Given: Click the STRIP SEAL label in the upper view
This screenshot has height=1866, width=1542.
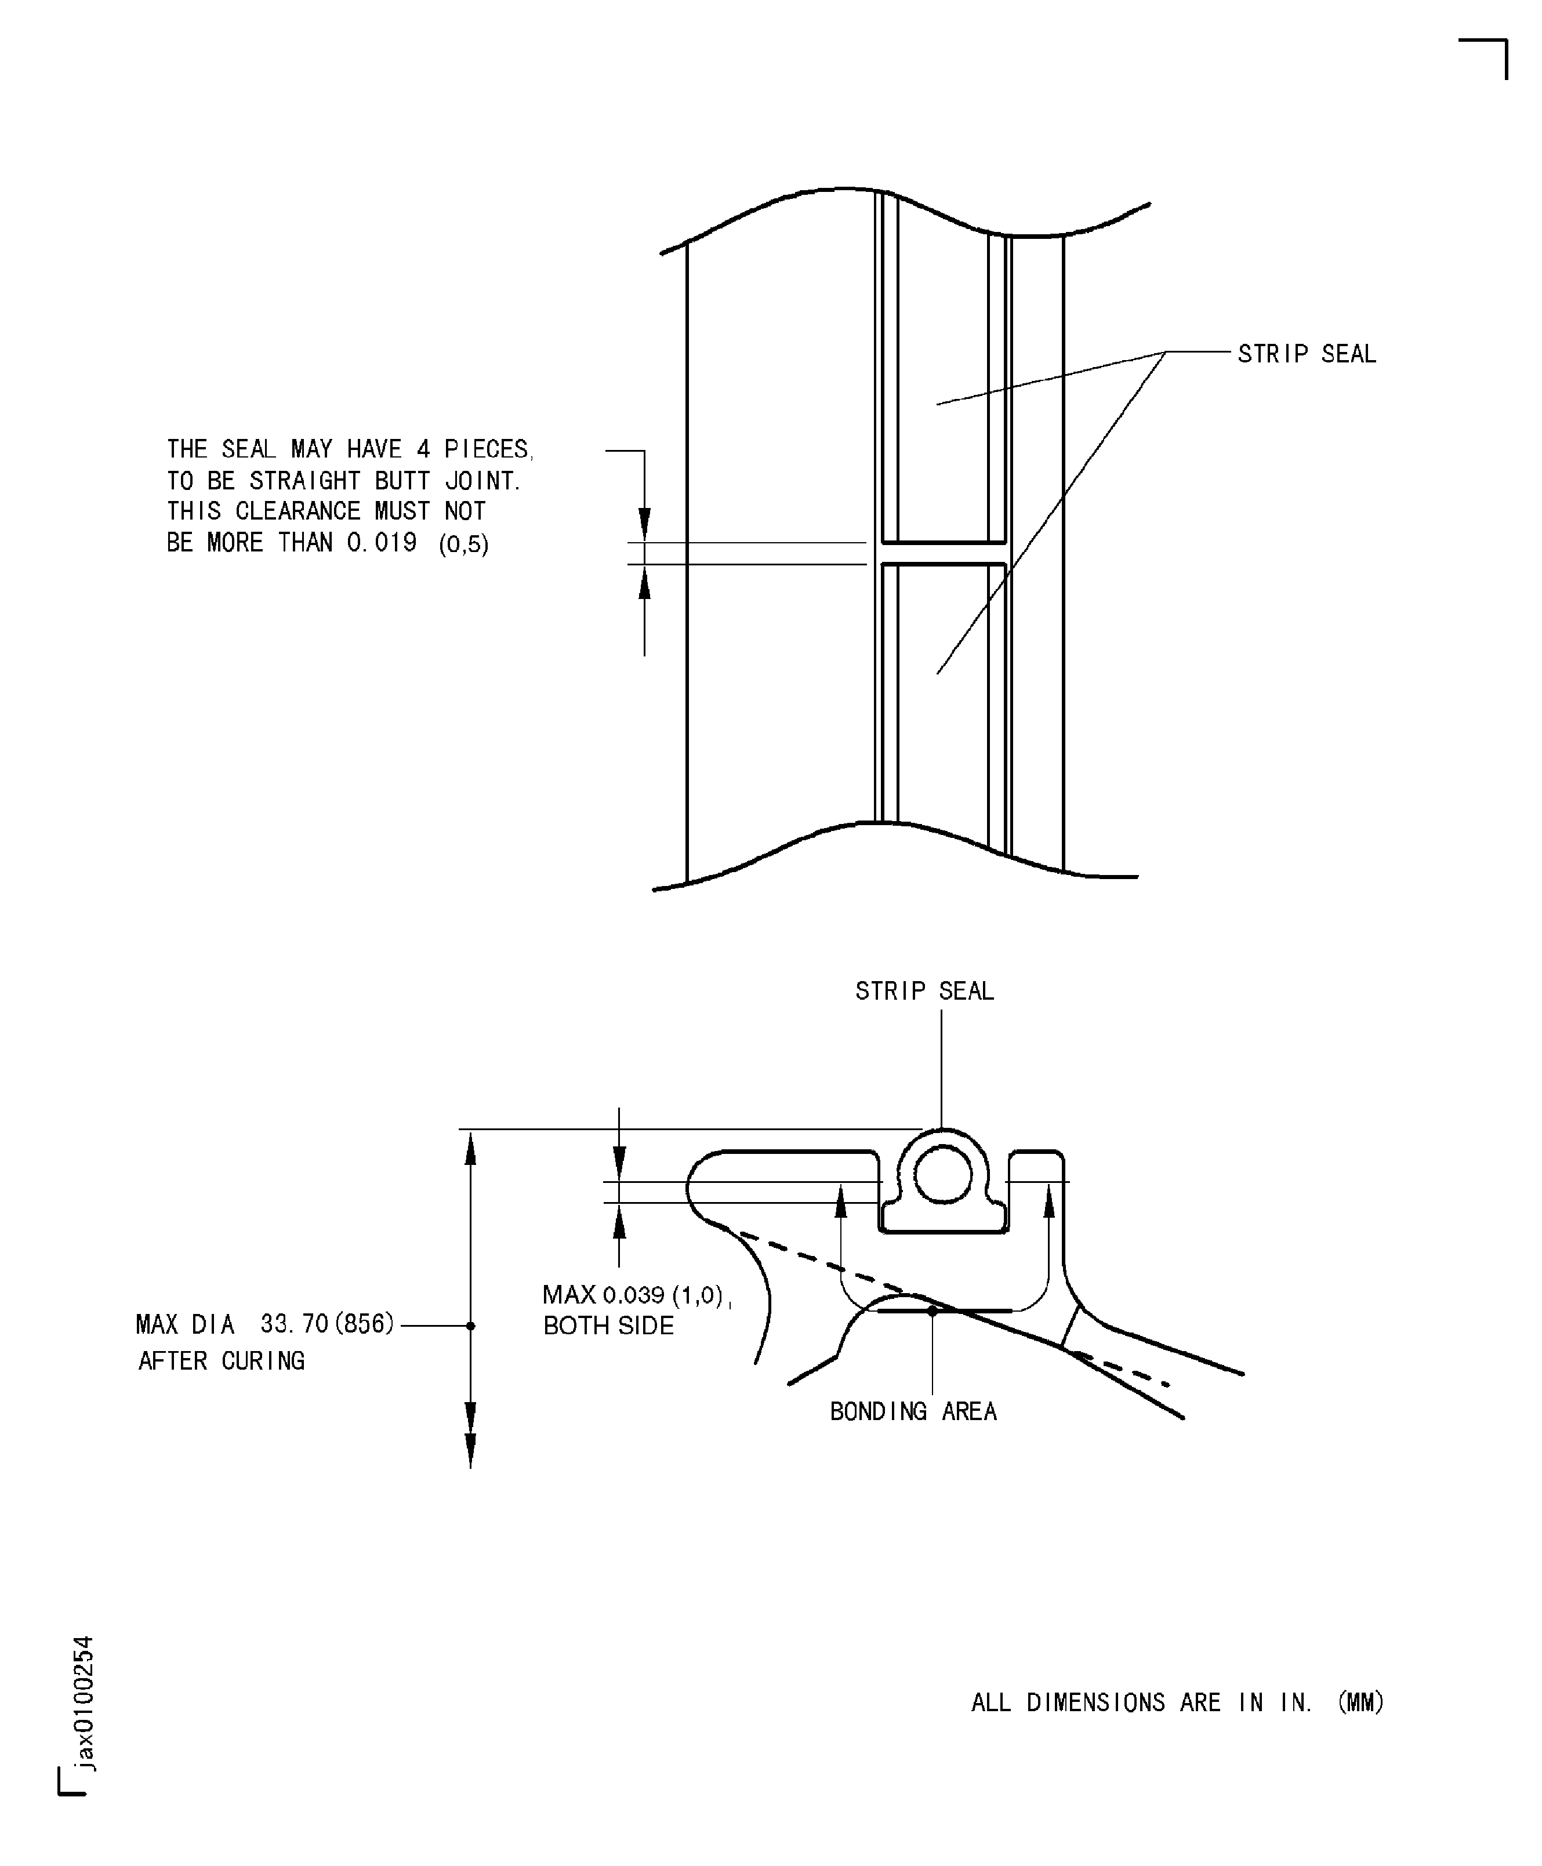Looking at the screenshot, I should tap(1306, 354).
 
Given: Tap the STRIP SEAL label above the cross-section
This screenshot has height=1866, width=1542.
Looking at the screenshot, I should tap(924, 991).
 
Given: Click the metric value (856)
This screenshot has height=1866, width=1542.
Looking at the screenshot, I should tap(363, 1324).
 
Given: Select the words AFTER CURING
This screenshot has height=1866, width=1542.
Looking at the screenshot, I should tap(221, 1360).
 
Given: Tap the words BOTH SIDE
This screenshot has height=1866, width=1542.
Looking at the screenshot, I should tap(608, 1326).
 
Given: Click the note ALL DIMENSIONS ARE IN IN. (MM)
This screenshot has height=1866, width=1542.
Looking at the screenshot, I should tap(1177, 1702).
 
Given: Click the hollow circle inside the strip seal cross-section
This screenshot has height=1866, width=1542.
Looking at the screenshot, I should tap(944, 1174).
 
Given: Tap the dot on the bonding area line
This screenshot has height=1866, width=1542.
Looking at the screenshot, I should tap(932, 1310).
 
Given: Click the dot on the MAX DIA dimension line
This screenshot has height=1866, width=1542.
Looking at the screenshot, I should tap(471, 1325).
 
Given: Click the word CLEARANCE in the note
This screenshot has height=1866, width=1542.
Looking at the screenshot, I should tap(297, 511).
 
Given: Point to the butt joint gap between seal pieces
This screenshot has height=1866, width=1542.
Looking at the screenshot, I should tap(944, 553).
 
